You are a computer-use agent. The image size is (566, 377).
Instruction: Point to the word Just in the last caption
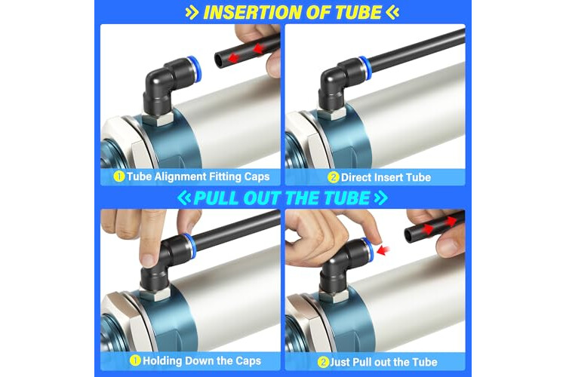(x=340, y=362)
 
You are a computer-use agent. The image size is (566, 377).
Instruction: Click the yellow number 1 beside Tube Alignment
(x=118, y=176)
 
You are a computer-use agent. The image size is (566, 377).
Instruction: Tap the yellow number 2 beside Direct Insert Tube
(x=333, y=177)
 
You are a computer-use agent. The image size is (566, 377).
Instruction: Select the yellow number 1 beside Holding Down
(x=135, y=360)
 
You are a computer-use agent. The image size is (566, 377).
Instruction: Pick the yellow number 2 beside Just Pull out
(x=323, y=362)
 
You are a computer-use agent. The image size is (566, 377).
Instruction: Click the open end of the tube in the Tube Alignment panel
(x=219, y=59)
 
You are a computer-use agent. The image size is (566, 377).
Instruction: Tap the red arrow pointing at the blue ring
(x=383, y=250)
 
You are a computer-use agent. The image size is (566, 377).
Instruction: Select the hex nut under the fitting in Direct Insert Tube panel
(x=333, y=113)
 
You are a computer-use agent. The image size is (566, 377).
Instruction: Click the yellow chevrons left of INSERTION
(x=192, y=13)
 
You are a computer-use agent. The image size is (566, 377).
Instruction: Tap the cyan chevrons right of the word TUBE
(x=381, y=198)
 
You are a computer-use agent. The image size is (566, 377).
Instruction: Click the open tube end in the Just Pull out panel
(x=408, y=234)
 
